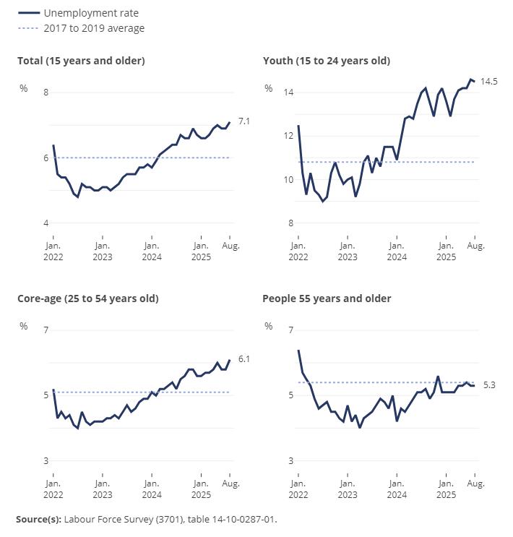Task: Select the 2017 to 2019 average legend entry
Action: pos(94,28)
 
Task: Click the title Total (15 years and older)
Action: pos(81,61)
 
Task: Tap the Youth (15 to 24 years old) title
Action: pos(327,61)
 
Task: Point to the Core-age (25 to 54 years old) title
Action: pos(87,298)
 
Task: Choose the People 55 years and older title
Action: pos(327,298)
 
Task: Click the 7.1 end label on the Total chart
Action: pos(243,121)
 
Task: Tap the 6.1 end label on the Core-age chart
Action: pos(243,358)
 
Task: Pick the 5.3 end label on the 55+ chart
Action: pos(489,386)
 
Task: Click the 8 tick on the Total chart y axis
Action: pos(46,93)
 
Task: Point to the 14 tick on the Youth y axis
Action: pos(289,93)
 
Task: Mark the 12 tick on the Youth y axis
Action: pos(289,136)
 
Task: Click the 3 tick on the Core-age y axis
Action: pos(46,460)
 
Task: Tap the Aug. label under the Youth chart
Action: pos(475,246)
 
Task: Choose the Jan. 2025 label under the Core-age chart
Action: pos(201,489)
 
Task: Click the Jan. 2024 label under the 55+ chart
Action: pos(396,489)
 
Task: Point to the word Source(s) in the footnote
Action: pos(38,519)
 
